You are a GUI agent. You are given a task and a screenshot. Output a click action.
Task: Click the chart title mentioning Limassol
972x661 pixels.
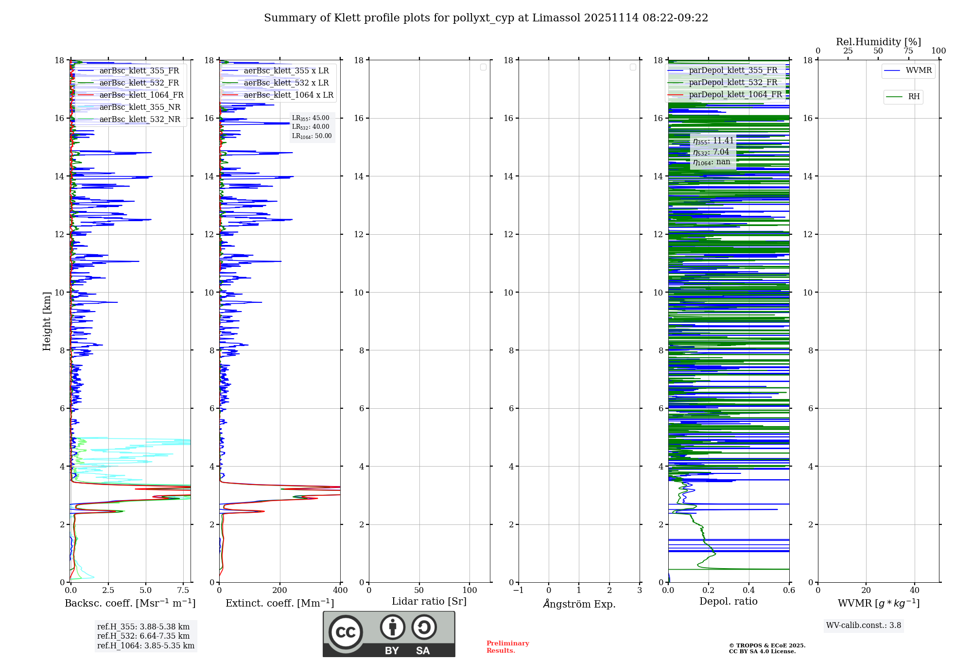click(486, 18)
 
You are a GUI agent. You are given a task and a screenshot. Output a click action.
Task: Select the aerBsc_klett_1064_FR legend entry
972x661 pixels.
click(141, 95)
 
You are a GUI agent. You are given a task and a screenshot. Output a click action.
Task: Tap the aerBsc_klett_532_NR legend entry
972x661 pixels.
click(139, 120)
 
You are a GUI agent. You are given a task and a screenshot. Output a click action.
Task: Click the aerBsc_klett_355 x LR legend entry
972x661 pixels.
click(286, 71)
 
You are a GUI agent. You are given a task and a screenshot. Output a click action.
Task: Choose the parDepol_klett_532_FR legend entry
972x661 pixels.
click(732, 83)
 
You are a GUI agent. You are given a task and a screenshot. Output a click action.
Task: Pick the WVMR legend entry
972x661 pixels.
click(918, 70)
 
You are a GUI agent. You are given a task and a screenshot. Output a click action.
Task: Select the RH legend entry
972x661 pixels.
click(913, 97)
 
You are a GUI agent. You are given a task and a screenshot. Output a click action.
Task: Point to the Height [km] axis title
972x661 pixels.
click(47, 321)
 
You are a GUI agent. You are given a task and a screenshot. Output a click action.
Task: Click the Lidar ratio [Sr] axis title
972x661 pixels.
click(429, 602)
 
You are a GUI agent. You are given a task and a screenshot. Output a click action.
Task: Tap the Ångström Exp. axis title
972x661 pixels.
click(579, 604)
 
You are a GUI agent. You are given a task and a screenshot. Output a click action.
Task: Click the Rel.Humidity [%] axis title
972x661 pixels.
click(878, 42)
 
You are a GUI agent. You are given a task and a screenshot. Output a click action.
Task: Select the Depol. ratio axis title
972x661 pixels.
click(728, 602)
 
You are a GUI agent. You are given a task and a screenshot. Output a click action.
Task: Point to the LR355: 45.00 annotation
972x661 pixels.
click(311, 118)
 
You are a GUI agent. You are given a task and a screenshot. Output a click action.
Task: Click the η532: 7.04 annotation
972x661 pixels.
click(711, 152)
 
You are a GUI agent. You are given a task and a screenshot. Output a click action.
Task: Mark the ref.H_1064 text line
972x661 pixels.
click(145, 646)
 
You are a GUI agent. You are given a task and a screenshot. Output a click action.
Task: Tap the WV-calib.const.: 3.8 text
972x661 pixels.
click(864, 626)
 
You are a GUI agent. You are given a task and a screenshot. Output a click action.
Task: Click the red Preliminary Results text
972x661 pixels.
click(507, 647)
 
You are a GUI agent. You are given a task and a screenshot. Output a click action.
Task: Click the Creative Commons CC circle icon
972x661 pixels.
click(346, 632)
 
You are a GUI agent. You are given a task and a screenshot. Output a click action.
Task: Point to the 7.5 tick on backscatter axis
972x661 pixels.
click(183, 590)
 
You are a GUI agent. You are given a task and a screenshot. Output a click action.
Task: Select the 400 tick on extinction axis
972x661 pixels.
click(340, 590)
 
